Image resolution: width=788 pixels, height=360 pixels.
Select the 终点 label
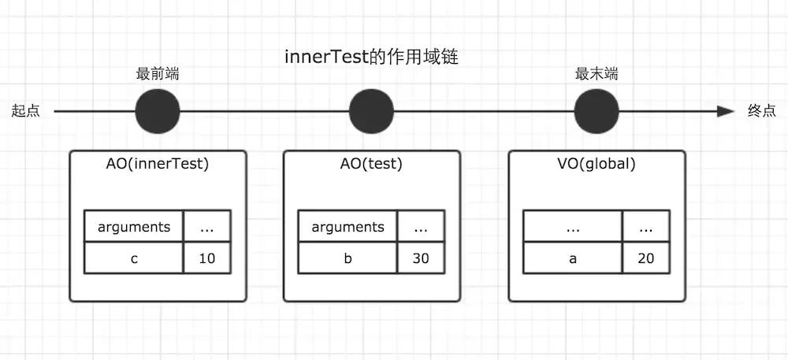pos(761,112)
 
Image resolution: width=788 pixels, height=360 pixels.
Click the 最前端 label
pos(157,75)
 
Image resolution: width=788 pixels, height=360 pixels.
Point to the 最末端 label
pos(596,75)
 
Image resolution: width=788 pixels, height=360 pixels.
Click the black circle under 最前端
pos(158,112)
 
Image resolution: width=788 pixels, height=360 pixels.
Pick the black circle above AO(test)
pos(371,112)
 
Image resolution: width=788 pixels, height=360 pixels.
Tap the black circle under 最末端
pos(597,112)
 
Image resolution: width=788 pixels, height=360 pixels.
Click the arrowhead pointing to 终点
pos(726,112)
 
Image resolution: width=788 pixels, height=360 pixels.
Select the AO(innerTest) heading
pos(157,165)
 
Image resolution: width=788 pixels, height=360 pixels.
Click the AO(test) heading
pos(370,165)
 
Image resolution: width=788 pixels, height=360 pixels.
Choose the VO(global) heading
pos(596,165)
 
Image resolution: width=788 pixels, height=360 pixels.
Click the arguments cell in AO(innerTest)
pos(134,227)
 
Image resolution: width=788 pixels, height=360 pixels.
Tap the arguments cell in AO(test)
pos(348,227)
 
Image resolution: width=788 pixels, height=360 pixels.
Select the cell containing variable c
pos(134,258)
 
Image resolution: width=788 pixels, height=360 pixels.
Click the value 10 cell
pos(207,258)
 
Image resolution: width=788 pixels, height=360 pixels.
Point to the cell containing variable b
pos(348,258)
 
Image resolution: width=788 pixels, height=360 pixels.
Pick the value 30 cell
pos(421,258)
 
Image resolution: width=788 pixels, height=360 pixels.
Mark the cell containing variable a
pos(573,258)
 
